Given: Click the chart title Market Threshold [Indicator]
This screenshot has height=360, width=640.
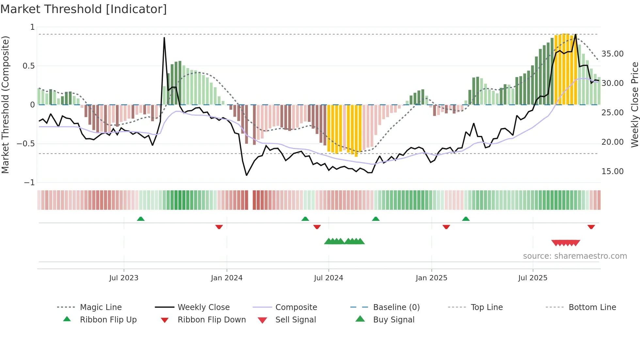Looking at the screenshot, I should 84,9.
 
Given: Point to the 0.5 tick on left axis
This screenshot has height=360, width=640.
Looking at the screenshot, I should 28,66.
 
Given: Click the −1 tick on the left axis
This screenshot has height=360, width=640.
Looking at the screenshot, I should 29,183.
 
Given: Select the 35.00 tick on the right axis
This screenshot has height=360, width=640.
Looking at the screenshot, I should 612,54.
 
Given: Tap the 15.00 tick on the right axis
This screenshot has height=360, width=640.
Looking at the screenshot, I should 612,172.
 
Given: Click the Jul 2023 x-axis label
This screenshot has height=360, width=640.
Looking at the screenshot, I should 124,278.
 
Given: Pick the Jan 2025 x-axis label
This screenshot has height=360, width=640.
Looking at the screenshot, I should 431,278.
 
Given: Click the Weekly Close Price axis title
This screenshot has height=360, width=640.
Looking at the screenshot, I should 634,105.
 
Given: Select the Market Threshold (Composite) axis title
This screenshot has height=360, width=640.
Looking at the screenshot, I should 5,105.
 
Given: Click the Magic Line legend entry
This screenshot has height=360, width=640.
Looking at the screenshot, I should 101,307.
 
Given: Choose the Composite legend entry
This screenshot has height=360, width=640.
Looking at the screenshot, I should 296,307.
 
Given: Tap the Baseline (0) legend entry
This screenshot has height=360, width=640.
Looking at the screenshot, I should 396,307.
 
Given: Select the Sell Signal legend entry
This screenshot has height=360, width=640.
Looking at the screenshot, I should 296,320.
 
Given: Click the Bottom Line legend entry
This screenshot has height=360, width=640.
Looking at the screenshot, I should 592,307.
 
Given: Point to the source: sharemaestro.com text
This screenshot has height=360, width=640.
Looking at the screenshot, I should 575,256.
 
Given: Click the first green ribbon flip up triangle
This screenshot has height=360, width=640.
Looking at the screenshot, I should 141,219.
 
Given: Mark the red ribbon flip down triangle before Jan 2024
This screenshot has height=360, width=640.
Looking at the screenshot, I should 219,227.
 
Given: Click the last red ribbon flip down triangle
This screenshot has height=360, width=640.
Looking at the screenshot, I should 591,227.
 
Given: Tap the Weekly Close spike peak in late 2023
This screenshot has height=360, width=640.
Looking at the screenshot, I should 164,38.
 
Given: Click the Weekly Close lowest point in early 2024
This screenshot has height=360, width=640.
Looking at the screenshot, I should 247,175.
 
